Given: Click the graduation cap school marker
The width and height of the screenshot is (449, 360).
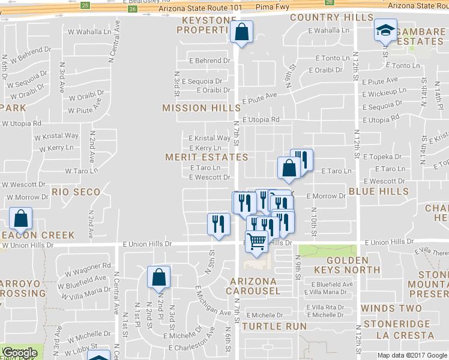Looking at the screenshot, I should (x=385, y=30).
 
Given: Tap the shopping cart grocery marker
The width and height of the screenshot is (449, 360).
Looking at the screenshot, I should (x=256, y=241).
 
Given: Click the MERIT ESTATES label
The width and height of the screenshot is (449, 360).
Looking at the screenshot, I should (x=206, y=157).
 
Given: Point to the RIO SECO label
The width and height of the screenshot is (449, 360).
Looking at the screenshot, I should (x=76, y=192).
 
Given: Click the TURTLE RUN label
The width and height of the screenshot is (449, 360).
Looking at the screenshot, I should (x=274, y=326).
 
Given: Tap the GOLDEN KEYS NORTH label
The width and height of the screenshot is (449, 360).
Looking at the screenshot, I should (x=348, y=265).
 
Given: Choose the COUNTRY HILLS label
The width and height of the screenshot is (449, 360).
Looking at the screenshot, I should (x=331, y=17).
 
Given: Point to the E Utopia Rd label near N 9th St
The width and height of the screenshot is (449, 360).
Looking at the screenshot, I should (x=261, y=119).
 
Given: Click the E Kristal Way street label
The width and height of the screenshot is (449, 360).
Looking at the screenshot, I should (x=209, y=138).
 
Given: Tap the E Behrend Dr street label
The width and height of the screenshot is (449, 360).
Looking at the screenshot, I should (x=209, y=61).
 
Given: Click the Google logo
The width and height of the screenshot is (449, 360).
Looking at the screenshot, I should (x=20, y=353).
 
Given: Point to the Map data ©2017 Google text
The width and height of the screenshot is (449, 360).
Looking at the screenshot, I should (x=412, y=355).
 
